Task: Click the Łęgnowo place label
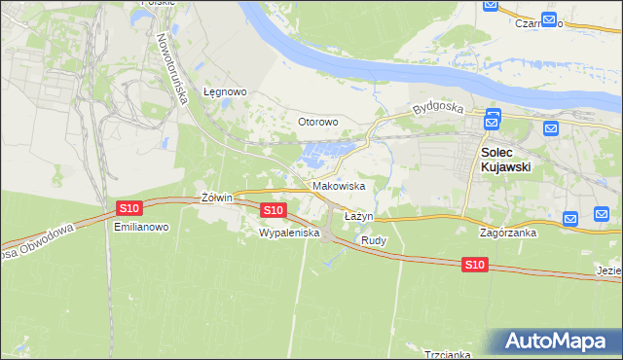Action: pos(225,91)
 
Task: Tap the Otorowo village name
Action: pos(317,122)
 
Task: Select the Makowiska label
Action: pos(339,185)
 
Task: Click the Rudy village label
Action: pos(374,239)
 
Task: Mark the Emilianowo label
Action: pos(142,227)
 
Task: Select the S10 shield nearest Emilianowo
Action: pos(129,207)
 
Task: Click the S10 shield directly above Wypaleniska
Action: pos(274,209)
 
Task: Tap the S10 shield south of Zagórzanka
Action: pos(474,264)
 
